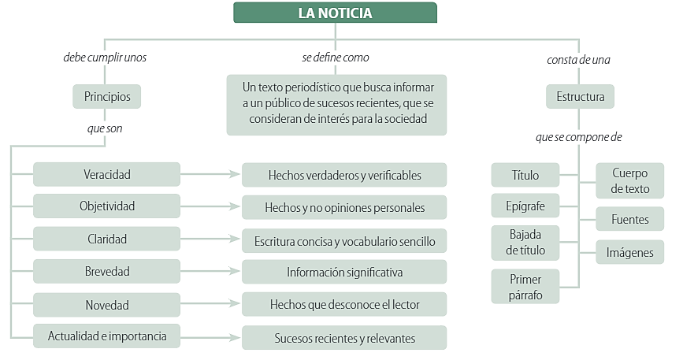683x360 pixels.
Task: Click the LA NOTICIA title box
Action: pyautogui.click(x=335, y=13)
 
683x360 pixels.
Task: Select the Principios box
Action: pyautogui.click(x=106, y=96)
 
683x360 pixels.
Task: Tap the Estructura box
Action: pyautogui.click(x=581, y=96)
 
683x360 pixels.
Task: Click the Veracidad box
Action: pyautogui.click(x=106, y=174)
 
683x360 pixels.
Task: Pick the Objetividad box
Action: pyautogui.click(x=106, y=206)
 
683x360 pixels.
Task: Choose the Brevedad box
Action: pyautogui.click(x=106, y=271)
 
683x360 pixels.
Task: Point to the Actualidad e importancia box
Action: pyautogui.click(x=106, y=336)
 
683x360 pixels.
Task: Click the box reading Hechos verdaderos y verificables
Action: pyautogui.click(x=344, y=175)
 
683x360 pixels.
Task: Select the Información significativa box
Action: pyautogui.click(x=344, y=272)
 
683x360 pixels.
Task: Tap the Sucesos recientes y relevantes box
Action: pyautogui.click(x=344, y=338)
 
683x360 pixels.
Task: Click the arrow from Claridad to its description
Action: pyautogui.click(x=210, y=239)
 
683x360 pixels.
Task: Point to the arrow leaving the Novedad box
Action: pyautogui.click(x=210, y=303)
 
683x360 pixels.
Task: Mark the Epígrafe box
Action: pyautogui.click(x=525, y=206)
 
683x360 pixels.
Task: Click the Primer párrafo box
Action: pyautogui.click(x=525, y=287)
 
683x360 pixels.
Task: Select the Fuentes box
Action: pyautogui.click(x=630, y=219)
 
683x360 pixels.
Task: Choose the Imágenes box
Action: pyautogui.click(x=630, y=252)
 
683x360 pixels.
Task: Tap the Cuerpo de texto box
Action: pyautogui.click(x=630, y=180)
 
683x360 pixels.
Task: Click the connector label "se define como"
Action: pyautogui.click(x=336, y=57)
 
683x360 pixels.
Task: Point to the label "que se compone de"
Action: pyautogui.click(x=578, y=137)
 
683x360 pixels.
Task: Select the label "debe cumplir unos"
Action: pyautogui.click(x=105, y=57)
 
